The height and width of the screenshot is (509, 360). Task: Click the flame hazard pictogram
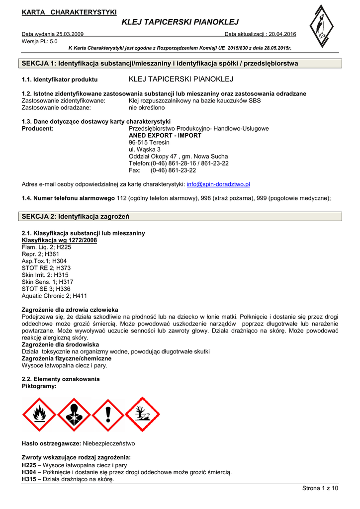coord(39,415)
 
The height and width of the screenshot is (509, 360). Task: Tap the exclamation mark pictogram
coord(108,415)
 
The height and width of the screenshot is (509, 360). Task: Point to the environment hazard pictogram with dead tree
coord(142,415)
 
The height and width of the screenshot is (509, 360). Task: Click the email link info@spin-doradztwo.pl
coord(218,184)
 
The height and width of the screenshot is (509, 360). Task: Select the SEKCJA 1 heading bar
coord(180,64)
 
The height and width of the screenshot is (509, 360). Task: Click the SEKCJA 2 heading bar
coord(180,216)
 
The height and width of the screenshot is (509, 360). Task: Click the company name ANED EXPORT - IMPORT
coord(165,135)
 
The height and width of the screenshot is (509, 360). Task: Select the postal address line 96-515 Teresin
coord(149,142)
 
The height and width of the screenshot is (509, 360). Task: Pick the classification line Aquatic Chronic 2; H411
coord(54,296)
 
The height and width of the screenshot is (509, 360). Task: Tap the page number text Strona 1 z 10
coord(320,488)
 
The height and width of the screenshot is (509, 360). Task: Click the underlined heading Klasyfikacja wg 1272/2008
coord(59,240)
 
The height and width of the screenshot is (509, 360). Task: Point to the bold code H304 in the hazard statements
coord(29,472)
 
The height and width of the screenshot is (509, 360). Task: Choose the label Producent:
coord(38,128)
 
